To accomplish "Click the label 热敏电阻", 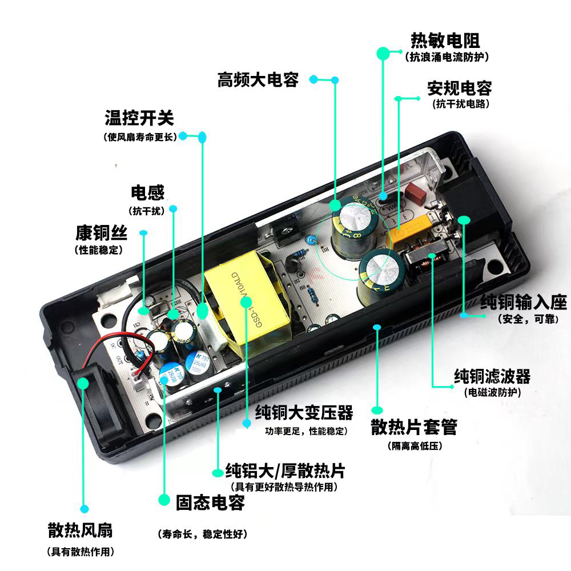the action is [x=445, y=41].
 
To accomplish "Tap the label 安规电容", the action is [x=459, y=89].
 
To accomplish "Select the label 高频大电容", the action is [x=258, y=79].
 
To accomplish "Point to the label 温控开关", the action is [x=139, y=118].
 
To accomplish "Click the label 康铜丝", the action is [x=102, y=233].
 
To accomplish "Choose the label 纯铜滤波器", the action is [x=492, y=376].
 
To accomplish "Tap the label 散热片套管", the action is [x=414, y=427].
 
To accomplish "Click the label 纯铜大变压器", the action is [x=304, y=412].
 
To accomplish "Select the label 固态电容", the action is [x=210, y=503].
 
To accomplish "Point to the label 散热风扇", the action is [x=81, y=530].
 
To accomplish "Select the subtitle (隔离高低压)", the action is [x=415, y=446].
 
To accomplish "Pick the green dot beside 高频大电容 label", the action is [x=335, y=81].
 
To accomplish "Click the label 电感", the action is [x=147, y=192].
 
